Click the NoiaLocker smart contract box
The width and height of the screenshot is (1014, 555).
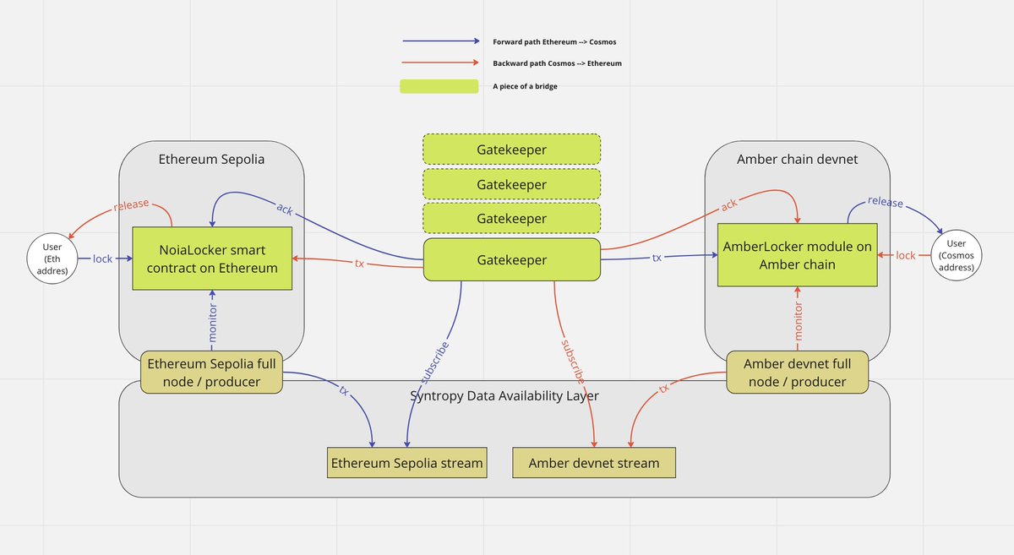[x=212, y=258]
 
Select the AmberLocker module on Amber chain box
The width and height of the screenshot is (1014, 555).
[x=798, y=254]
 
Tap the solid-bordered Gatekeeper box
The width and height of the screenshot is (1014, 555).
[x=511, y=260]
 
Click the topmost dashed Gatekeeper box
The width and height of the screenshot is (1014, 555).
[x=511, y=150]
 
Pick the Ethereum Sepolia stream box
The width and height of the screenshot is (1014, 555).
[x=407, y=463]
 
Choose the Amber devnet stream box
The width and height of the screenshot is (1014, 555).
[x=593, y=463]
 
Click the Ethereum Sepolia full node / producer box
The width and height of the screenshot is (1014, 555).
[x=212, y=373]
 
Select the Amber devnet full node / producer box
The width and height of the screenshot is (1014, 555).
[x=798, y=373]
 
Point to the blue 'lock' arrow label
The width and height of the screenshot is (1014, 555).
[x=103, y=258]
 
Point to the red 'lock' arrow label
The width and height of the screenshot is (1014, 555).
[x=906, y=255]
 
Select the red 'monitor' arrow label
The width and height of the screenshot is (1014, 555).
[x=798, y=320]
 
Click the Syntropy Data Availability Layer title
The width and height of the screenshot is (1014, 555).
[x=504, y=396]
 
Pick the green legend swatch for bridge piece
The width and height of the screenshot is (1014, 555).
[x=439, y=86]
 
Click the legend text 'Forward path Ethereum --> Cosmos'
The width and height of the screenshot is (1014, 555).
[x=560, y=41]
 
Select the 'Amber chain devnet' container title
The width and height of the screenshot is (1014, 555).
[x=797, y=160]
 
